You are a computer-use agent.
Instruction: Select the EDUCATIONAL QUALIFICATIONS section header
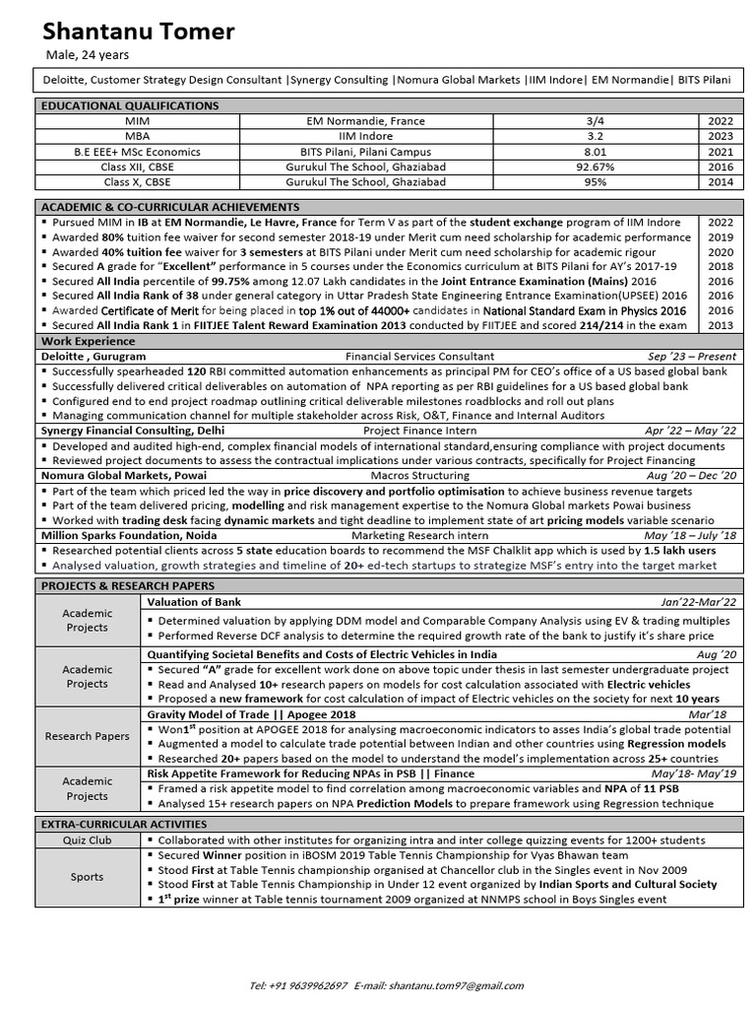pyautogui.click(x=129, y=105)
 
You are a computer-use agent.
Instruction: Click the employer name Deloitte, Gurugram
pyautogui.click(x=94, y=356)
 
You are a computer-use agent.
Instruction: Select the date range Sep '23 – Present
pyautogui.click(x=691, y=356)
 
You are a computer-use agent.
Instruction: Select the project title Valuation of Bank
pyautogui.click(x=194, y=601)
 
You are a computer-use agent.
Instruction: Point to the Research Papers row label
pyautogui.click(x=88, y=735)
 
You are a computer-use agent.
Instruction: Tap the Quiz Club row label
pyautogui.click(x=88, y=841)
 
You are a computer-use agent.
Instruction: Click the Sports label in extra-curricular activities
pyautogui.click(x=88, y=877)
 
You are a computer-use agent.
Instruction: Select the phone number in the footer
pyautogui.click(x=298, y=984)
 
